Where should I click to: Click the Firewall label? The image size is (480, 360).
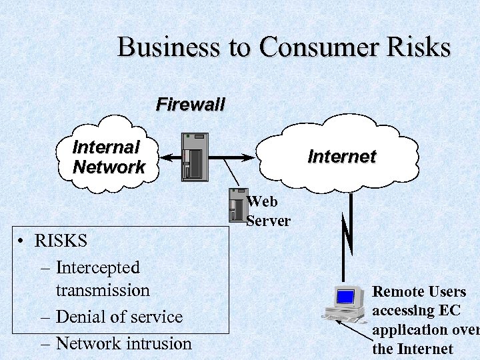tap(191, 104)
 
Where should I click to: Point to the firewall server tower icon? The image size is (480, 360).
tap(195, 157)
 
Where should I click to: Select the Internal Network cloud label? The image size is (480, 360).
tap(108, 157)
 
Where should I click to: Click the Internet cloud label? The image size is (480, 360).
tap(341, 157)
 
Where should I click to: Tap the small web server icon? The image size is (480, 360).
tap(237, 205)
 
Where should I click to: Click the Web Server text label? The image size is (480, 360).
tap(268, 211)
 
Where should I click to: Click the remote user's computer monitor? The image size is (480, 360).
tap(345, 297)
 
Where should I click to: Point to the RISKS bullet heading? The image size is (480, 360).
tap(61, 240)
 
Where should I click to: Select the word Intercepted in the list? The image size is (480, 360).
tap(97, 268)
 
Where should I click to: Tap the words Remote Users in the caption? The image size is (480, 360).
tap(419, 291)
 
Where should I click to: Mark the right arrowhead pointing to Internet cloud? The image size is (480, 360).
tap(249, 157)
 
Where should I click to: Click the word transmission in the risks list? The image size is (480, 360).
tap(103, 291)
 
